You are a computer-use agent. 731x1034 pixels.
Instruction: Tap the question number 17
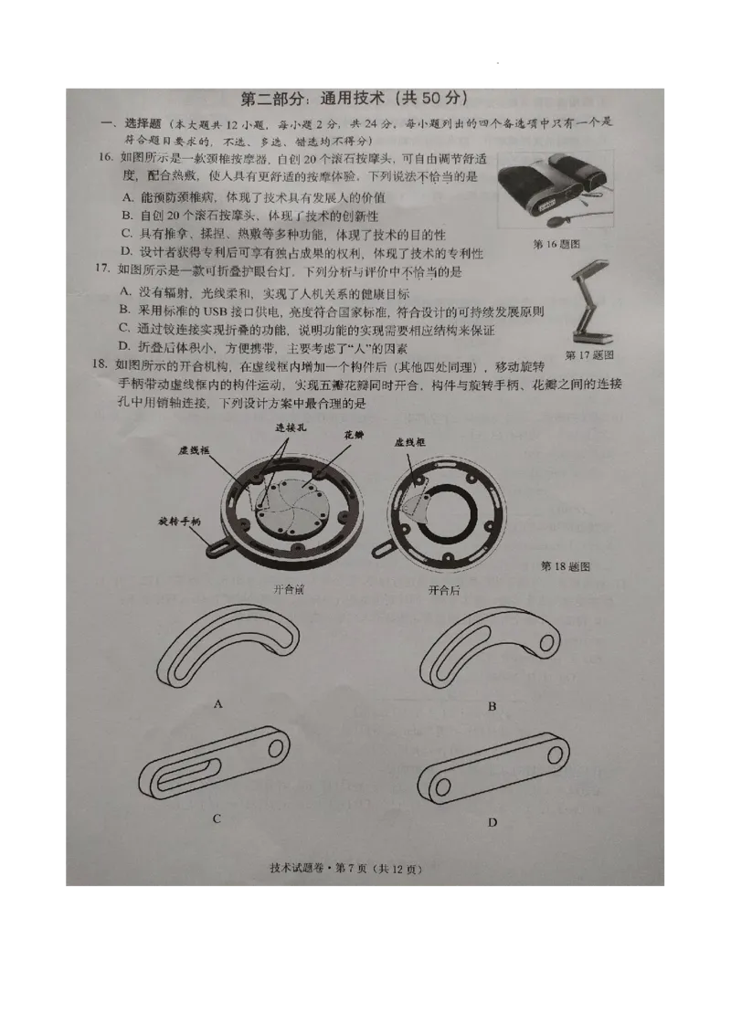[x=103, y=271]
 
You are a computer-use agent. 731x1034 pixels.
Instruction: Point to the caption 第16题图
[x=556, y=244]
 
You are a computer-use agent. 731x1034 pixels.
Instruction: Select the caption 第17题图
[x=589, y=353]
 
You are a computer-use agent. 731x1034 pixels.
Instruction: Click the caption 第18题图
[x=566, y=566]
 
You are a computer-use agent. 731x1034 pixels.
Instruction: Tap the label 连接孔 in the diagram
[x=290, y=427]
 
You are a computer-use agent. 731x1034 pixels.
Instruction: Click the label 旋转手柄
[x=179, y=521]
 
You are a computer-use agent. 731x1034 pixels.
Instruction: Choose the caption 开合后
[x=444, y=590]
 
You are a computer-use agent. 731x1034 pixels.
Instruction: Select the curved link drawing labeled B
[x=489, y=649]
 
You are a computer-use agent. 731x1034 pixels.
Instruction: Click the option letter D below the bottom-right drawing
[x=492, y=823]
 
